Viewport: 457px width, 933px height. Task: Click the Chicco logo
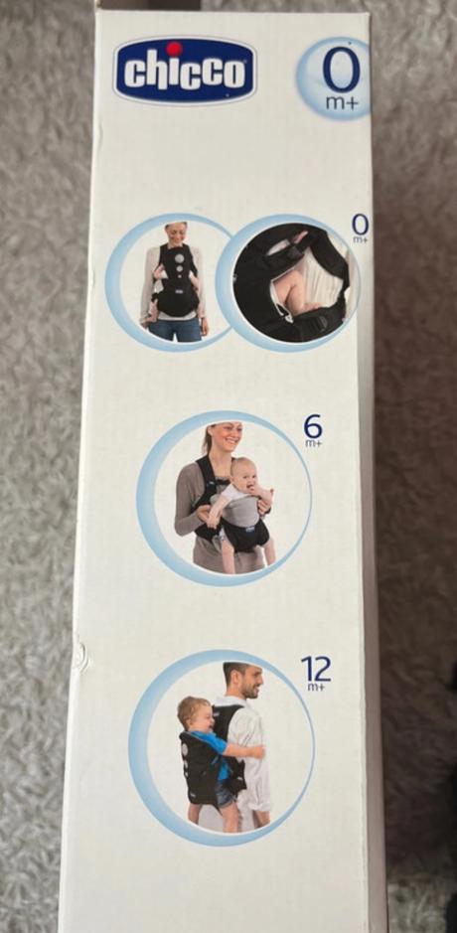185,71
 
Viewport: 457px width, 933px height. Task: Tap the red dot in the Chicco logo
174,49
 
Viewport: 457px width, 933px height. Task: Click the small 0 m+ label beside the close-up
360,228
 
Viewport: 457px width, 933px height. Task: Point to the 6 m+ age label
313,430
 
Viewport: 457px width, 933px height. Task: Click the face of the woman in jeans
176,234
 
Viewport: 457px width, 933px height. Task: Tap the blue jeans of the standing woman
176,329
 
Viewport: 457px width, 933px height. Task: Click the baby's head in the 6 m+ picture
245,474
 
